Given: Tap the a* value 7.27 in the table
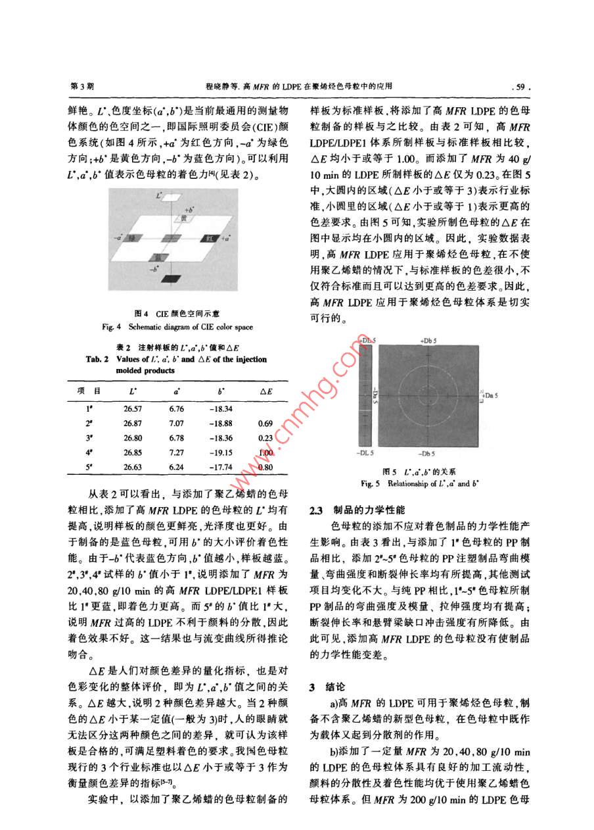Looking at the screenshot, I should [177, 452].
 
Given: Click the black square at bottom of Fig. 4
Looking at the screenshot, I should [171, 278].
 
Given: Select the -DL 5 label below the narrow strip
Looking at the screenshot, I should [366, 454].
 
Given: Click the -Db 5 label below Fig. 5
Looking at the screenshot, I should [427, 454].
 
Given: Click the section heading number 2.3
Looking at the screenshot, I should [315, 510].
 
